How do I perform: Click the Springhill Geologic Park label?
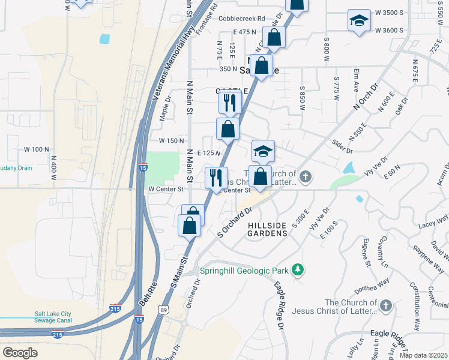(245, 271)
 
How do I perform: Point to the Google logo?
(20, 353)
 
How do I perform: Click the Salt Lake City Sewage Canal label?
(53, 317)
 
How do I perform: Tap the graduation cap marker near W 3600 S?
(359, 20)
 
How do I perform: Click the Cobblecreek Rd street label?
(242, 19)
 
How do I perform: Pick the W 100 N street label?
(36, 149)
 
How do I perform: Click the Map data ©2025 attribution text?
(424, 355)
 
